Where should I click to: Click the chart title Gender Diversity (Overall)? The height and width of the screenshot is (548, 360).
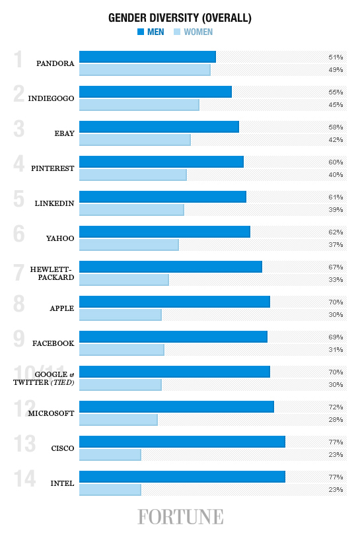180,18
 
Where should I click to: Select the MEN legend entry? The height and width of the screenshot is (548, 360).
151,32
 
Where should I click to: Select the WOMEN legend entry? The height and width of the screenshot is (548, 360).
193,32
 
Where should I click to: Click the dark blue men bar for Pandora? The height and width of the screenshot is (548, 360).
147,57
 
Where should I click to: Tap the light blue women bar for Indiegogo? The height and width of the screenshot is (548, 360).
139,104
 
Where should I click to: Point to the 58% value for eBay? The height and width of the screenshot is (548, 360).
336,127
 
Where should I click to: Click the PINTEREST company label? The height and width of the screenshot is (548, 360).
52,168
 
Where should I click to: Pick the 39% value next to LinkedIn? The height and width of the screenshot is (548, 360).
336,209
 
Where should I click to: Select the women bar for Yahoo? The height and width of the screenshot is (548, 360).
129,244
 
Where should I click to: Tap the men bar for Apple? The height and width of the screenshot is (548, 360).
174,302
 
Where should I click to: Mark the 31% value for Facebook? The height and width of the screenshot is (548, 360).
336,349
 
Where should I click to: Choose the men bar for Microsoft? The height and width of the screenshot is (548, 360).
176,407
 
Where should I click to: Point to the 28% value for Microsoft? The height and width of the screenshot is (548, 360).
336,419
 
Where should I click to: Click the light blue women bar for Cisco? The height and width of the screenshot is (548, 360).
110,454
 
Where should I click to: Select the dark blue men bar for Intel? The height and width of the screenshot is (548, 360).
182,477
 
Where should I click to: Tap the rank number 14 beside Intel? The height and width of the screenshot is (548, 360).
25,479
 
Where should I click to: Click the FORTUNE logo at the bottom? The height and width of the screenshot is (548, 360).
180,516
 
